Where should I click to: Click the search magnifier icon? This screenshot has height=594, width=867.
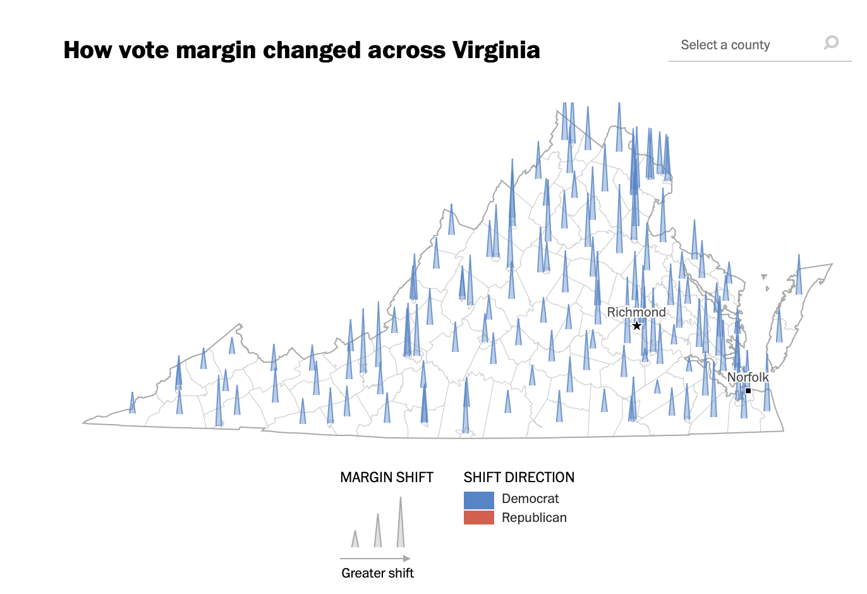[831, 42]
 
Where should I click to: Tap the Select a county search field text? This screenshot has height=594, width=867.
[725, 45]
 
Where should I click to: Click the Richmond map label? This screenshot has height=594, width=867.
[636, 312]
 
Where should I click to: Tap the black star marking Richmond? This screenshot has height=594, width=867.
[637, 325]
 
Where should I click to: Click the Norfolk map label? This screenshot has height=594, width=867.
[748, 377]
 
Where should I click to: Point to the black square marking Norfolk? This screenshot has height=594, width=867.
[748, 391]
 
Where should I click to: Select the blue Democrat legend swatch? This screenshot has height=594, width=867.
[478, 499]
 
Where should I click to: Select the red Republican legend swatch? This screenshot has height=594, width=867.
[478, 518]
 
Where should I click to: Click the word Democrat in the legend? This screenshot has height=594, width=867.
[530, 499]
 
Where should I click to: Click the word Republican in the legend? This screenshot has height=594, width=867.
[534, 518]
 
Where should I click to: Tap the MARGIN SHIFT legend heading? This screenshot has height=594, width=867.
[387, 477]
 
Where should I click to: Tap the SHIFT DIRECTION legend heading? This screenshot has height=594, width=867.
[519, 477]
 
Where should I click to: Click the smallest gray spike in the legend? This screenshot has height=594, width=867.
[355, 540]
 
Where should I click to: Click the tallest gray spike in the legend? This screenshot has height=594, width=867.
[400, 524]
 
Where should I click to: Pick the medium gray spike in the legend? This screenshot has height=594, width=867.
[378, 532]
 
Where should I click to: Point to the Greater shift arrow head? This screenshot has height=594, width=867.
[407, 559]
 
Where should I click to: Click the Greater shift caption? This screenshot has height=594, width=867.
[377, 573]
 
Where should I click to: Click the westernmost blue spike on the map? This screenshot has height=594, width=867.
[132, 404]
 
